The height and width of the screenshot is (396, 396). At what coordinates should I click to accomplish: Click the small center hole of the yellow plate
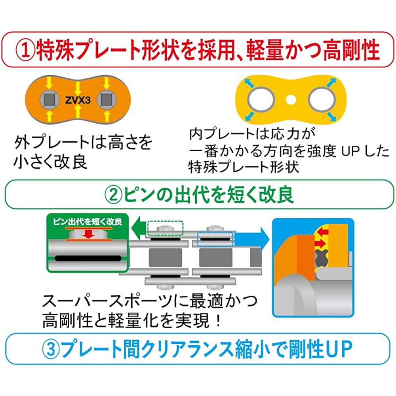pos(291,97)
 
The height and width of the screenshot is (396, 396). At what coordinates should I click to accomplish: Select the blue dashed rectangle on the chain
pos(216,240)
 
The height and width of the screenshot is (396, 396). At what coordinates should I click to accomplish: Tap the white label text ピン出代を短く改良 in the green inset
pos(88,221)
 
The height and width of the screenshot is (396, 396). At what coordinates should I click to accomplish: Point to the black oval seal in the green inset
pos(87,258)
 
